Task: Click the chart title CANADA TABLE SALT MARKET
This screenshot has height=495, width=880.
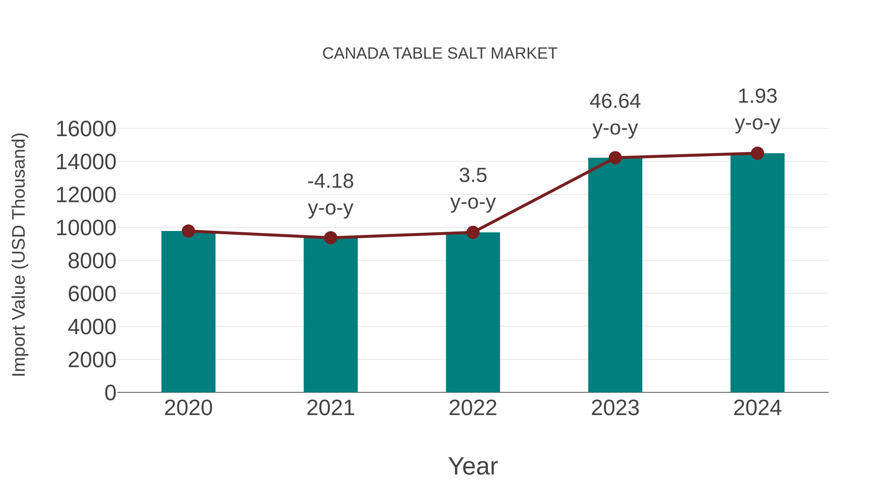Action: click(x=440, y=54)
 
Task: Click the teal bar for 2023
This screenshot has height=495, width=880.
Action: click(x=615, y=275)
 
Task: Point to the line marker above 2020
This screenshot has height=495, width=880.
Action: click(x=188, y=231)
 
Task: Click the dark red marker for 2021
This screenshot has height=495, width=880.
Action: click(x=330, y=238)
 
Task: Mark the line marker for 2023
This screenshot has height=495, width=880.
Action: click(x=615, y=158)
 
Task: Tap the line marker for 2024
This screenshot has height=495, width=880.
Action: click(x=757, y=153)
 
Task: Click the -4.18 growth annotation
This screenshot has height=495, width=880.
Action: click(x=330, y=181)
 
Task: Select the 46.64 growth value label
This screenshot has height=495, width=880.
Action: click(x=615, y=101)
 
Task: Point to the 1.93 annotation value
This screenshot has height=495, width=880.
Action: click(x=757, y=96)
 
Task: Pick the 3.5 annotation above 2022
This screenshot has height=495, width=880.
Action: click(x=473, y=176)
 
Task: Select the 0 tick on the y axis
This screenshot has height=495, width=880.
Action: click(x=110, y=393)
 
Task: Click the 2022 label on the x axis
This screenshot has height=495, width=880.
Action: click(x=473, y=408)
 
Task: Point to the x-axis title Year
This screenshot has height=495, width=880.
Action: click(x=473, y=466)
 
